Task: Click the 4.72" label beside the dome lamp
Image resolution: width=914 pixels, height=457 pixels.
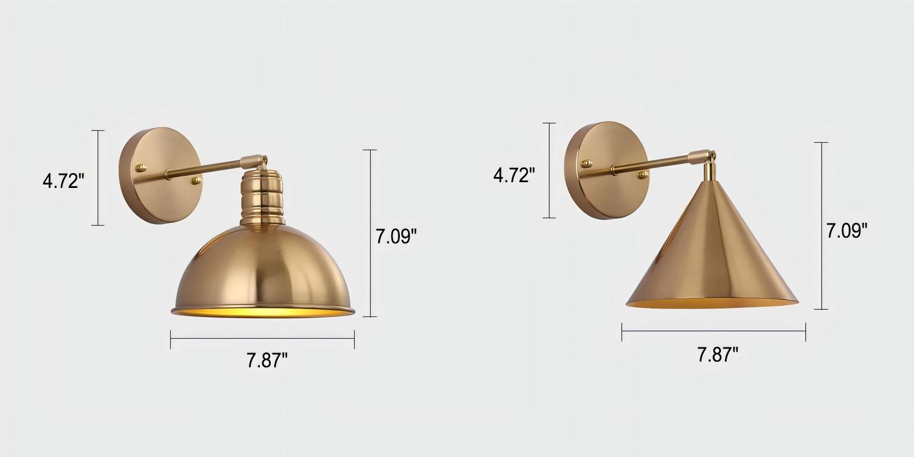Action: click(63, 181)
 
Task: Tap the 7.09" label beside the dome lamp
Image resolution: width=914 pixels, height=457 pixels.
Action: click(396, 236)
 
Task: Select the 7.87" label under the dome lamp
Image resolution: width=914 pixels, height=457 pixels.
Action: click(267, 360)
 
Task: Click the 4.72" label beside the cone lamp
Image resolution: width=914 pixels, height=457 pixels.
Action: click(514, 175)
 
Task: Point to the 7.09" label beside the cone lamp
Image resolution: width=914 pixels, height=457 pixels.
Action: click(847, 231)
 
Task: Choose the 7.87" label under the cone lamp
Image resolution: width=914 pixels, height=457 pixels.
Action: click(717, 355)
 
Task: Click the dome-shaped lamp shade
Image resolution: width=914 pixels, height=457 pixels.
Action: click(263, 271)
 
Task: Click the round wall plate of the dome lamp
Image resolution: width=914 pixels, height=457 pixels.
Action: click(161, 175)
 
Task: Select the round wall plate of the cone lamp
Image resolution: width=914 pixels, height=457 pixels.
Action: click(606, 170)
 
